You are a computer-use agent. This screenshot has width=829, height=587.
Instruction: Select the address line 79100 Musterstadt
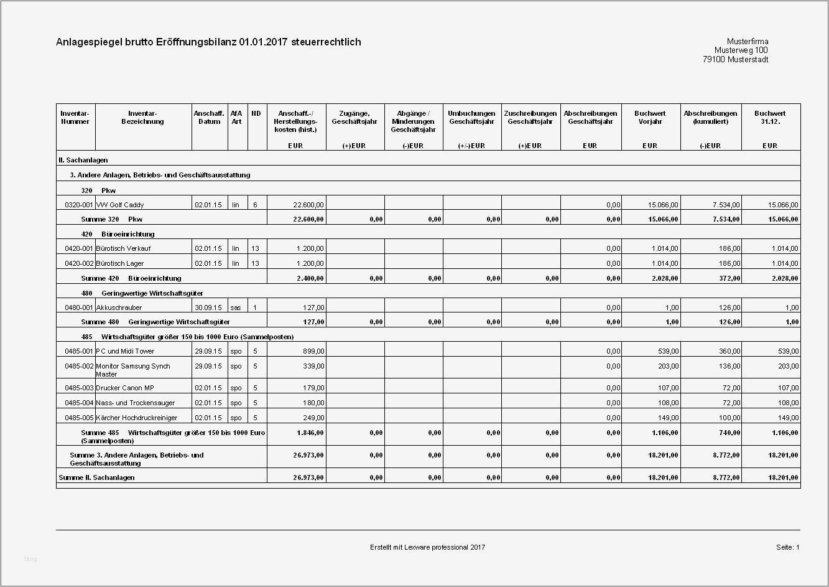[735, 60]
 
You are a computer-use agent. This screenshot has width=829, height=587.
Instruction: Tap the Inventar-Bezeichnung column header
[142, 118]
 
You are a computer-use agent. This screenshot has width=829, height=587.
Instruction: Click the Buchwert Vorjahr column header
[649, 118]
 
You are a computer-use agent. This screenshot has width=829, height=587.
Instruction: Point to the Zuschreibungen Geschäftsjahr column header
[530, 118]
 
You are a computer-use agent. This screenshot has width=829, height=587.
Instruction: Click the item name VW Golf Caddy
[120, 205]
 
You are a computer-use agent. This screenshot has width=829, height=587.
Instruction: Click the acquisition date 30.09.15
[208, 308]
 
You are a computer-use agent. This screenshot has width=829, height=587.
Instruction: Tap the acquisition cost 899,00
[313, 351]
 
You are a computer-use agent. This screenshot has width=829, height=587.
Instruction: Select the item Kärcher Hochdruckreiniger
[136, 418]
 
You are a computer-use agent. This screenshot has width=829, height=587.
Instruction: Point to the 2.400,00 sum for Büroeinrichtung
[308, 278]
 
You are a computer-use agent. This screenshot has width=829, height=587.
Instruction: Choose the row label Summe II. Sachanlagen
[96, 477]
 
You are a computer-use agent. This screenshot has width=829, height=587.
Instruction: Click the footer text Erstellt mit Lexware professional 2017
[427, 547]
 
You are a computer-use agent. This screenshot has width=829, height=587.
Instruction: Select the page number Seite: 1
[787, 547]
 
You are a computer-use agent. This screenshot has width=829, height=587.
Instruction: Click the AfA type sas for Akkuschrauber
[236, 308]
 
